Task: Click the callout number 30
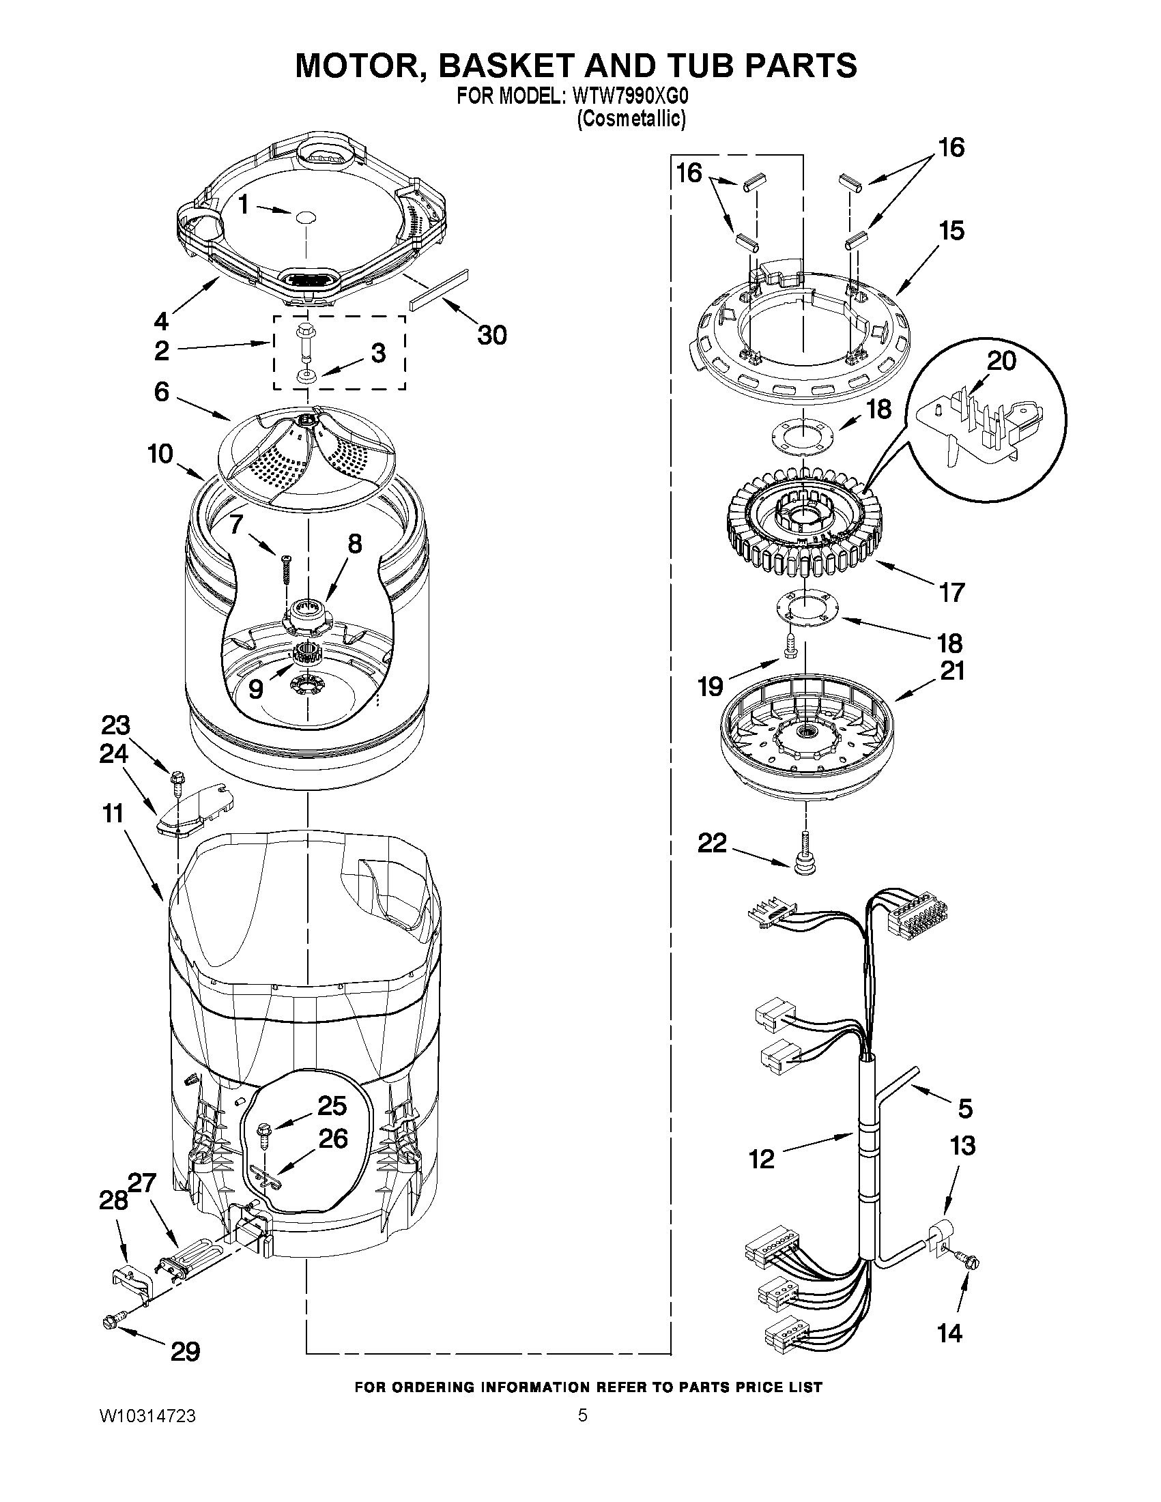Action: coord(492,335)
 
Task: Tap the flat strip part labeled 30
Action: coord(439,289)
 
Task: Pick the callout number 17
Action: coord(951,592)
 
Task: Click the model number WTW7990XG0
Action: coord(629,96)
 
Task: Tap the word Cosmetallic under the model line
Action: coord(631,119)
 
